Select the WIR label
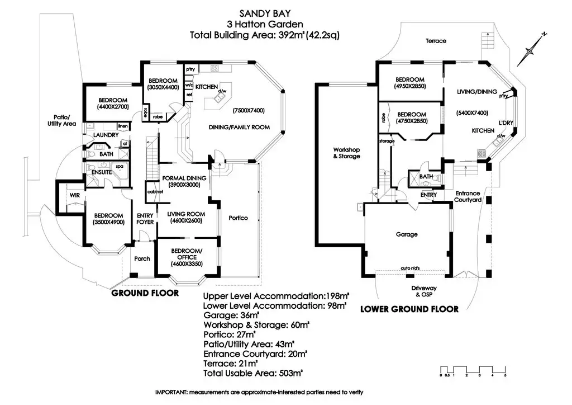[74, 195]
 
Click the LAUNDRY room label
[105, 135]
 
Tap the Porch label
[141, 258]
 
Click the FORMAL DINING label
[184, 178]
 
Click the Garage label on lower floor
[407, 234]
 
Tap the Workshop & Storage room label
[346, 153]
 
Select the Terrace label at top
[436, 41]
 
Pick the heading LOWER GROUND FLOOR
[409, 309]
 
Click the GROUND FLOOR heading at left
[145, 293]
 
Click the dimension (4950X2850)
[409, 87]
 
